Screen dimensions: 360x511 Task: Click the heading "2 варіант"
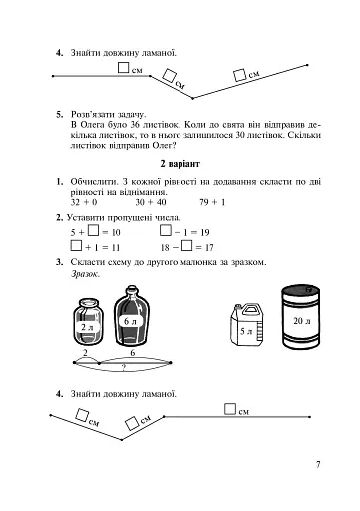coord(180,164)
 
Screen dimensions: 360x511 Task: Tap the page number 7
coord(318,465)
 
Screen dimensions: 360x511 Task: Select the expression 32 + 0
coord(84,202)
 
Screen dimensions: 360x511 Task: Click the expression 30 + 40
coord(151,202)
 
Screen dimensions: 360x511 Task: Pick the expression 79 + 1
coord(212,202)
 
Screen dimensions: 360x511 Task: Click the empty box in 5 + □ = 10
coord(94,230)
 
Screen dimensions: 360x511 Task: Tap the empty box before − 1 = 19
coord(166,230)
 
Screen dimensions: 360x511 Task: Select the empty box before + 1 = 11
coord(76,246)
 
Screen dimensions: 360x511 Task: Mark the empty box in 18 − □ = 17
coord(187,246)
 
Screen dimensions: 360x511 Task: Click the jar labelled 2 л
coord(88,321)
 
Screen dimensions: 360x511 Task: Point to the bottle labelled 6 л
coord(131,316)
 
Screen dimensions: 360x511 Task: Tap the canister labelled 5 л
coord(246,325)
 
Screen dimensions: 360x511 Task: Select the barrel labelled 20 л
coord(301,317)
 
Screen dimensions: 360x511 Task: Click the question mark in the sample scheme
coord(123,368)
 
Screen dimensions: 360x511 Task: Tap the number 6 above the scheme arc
coord(133,353)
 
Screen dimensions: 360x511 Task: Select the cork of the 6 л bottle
coord(131,288)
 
